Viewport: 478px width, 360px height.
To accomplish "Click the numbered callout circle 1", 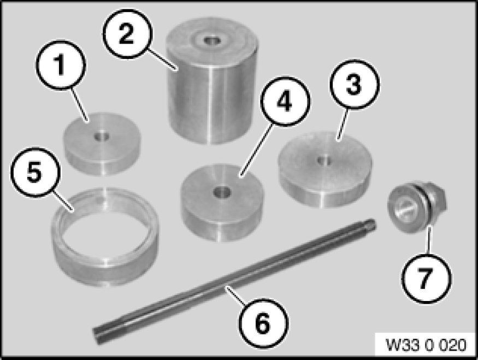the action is pyautogui.click(x=61, y=64).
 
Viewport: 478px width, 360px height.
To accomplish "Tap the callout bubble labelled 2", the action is pyautogui.click(x=127, y=34).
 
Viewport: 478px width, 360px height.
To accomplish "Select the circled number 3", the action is pyautogui.click(x=354, y=84).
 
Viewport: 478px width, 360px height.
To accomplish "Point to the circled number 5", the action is pyautogui.click(x=34, y=173).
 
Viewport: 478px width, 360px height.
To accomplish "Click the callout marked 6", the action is pyautogui.click(x=263, y=323).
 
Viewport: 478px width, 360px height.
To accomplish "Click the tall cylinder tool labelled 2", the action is pyautogui.click(x=212, y=81).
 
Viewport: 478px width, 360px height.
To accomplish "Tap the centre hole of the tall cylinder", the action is pyautogui.click(x=212, y=40).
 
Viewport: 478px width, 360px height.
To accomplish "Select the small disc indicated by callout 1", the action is pyautogui.click(x=102, y=144).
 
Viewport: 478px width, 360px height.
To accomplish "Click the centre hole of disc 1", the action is pyautogui.click(x=102, y=137).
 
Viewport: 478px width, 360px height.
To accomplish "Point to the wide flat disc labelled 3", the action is pyautogui.click(x=325, y=170).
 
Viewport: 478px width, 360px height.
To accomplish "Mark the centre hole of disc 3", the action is pyautogui.click(x=324, y=160).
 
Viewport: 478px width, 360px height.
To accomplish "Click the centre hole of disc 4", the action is pyautogui.click(x=222, y=192).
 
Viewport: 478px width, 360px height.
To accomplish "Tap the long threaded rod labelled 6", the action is pyautogui.click(x=234, y=282).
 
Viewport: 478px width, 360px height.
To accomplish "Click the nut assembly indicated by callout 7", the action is pyautogui.click(x=416, y=207).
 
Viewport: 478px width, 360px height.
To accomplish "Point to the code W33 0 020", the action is pyautogui.click(x=426, y=345).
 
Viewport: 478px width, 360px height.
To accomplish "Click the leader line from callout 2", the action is pyautogui.click(x=162, y=60).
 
